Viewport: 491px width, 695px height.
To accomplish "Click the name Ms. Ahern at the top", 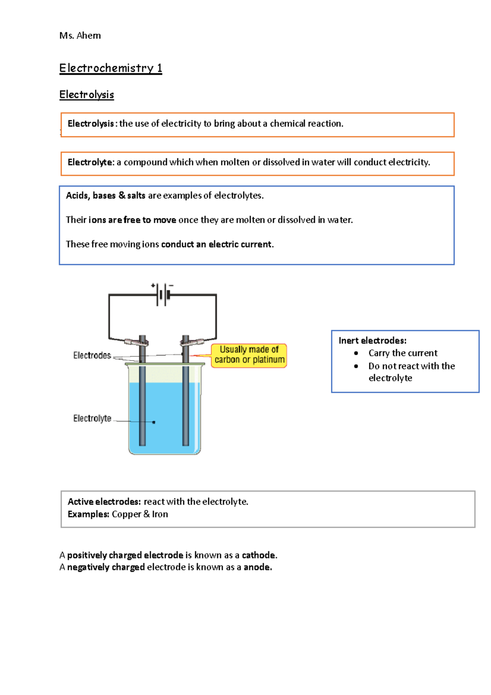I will click(80, 36).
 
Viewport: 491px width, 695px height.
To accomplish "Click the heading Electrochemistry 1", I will click(110, 68).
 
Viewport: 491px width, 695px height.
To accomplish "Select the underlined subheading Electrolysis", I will click(86, 95).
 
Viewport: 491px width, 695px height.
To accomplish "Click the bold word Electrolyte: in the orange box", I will click(91, 162).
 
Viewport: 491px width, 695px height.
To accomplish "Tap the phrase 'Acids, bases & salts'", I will click(106, 196).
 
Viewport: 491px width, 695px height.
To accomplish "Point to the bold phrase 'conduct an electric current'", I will click(216, 244).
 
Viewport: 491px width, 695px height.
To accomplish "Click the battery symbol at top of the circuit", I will click(163, 294).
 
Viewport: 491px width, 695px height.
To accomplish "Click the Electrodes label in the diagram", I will click(92, 355).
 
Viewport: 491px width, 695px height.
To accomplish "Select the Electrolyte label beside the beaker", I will click(92, 418).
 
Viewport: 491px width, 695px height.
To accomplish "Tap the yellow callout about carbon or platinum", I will click(249, 355).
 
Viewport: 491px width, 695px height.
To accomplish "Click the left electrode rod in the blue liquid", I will click(142, 413).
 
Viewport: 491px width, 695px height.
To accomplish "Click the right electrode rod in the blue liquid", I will click(186, 413).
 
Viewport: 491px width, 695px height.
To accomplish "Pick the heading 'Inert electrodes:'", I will click(372, 341).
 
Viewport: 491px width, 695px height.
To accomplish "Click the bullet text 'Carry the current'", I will click(403, 353).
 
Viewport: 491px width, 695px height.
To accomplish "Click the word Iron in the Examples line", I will click(160, 514).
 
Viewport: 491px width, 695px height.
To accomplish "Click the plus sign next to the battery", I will click(153, 286).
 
